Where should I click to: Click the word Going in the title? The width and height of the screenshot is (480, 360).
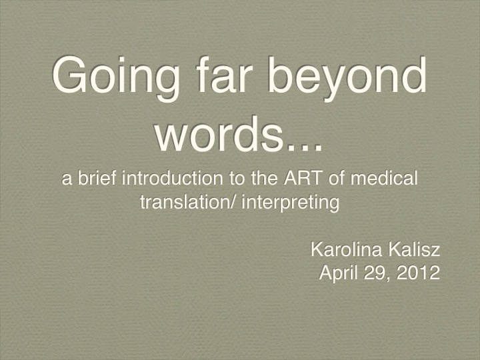(x=116, y=79)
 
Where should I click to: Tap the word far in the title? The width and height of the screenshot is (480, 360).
(x=224, y=74)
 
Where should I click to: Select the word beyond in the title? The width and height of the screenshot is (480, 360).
(x=347, y=79)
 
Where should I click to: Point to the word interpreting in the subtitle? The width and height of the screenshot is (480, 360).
(x=291, y=203)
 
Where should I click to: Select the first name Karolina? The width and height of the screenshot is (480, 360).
(x=346, y=249)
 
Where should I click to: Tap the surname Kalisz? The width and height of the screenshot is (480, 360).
(x=415, y=249)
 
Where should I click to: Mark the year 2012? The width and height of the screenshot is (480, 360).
(x=419, y=273)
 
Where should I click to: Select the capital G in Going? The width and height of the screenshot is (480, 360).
(x=69, y=74)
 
